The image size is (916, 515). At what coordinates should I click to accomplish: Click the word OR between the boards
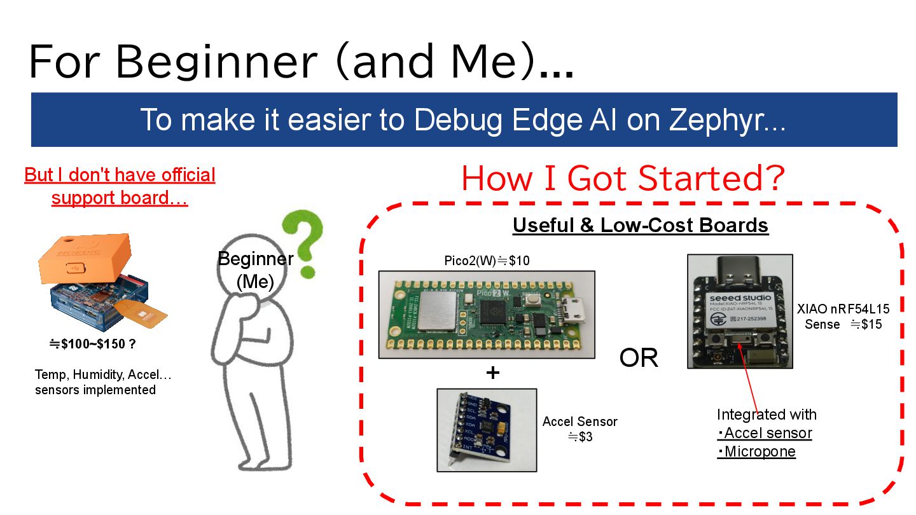point(638,358)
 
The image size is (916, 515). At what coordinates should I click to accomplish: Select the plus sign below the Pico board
point(492,373)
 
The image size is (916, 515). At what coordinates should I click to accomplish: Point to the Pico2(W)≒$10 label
point(487,261)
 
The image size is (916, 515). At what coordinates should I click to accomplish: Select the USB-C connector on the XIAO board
point(739,271)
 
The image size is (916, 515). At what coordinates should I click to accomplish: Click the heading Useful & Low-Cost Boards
point(641,226)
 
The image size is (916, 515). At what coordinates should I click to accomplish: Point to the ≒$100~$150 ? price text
point(93,344)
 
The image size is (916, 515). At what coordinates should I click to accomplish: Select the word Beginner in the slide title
point(216,62)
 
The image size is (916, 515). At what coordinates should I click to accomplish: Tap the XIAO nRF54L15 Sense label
point(843,316)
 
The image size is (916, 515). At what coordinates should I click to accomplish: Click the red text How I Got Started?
point(623,178)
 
